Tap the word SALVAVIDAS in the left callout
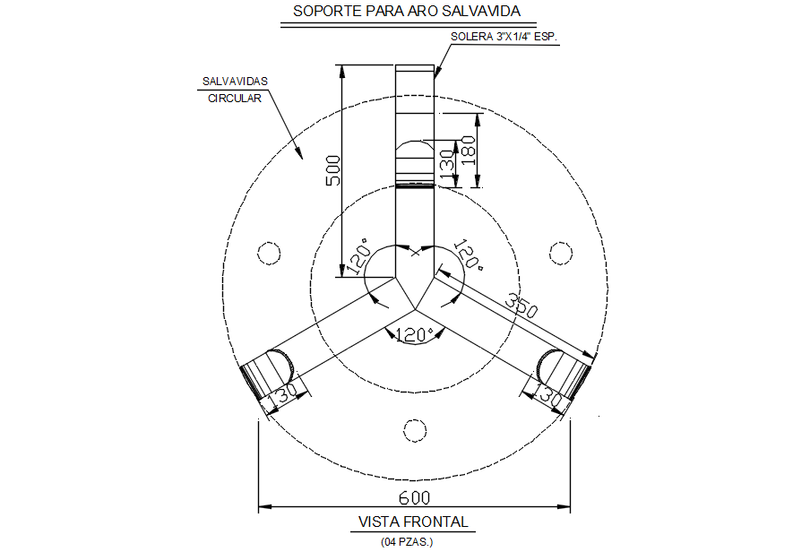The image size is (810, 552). coord(234,82)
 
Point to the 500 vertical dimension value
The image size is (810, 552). coord(332,170)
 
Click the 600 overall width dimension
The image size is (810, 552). coord(414,497)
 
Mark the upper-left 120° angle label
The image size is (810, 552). coord(359,257)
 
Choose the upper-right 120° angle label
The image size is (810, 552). coord(469,255)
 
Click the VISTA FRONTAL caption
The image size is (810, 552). coord(413,522)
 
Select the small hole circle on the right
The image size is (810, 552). coord(561,253)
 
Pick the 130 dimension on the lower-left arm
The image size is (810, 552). coord(284,394)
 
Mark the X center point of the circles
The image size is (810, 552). coord(414,254)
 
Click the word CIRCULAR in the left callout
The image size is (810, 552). coord(235,99)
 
